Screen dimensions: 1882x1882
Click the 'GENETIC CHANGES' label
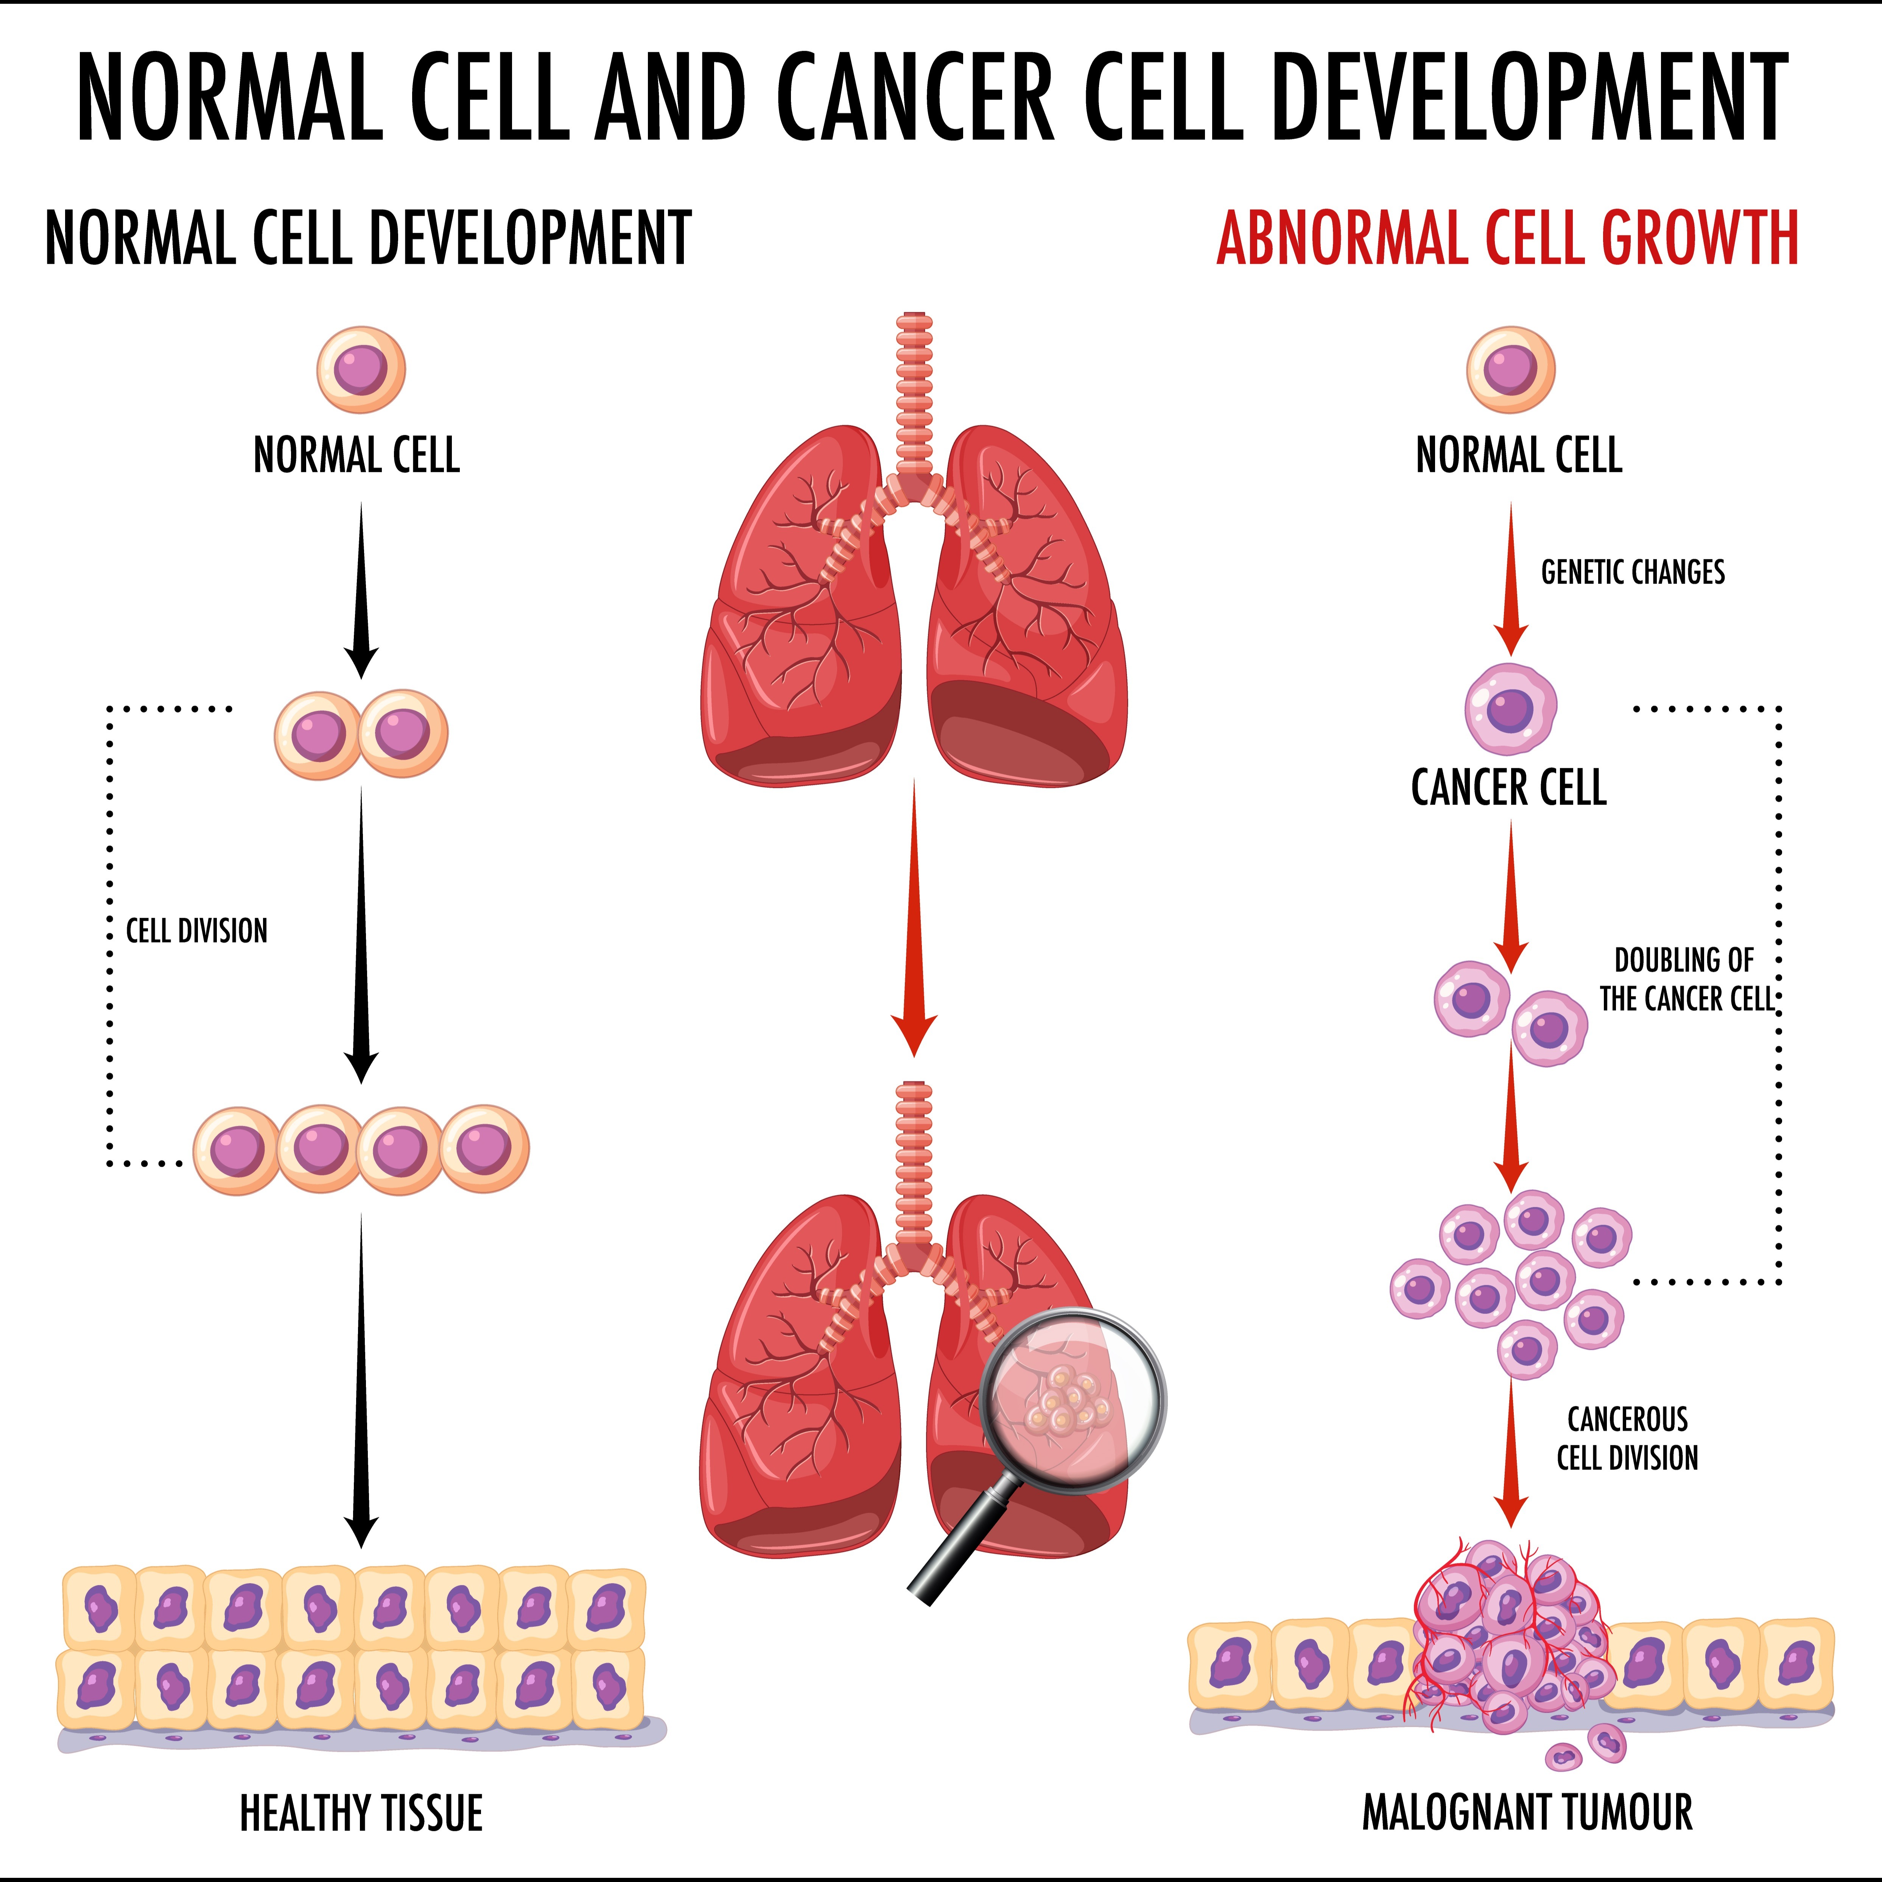1633,572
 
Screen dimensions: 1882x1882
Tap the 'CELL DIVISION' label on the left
197,931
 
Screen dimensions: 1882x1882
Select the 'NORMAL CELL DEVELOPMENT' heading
368,239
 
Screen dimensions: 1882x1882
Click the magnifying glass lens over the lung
1071,1401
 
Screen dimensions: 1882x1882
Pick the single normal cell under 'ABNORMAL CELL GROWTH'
1511,369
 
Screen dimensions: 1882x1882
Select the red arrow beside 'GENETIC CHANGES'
1511,580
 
